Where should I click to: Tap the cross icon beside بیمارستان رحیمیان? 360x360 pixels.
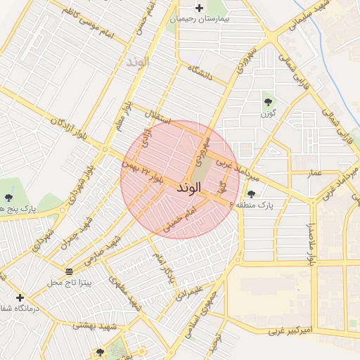click(x=200, y=8)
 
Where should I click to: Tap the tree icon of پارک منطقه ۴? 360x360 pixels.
click(x=251, y=194)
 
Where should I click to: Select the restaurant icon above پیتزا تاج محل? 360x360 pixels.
click(x=69, y=271)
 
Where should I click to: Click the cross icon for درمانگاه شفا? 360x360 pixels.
click(x=20, y=297)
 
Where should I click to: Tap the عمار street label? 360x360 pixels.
click(x=314, y=172)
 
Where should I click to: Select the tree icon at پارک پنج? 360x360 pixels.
click(x=8, y=198)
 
